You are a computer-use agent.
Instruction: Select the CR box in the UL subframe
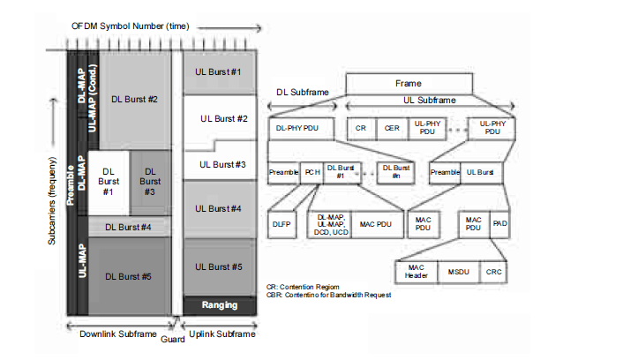[361, 128]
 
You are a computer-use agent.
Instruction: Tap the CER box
[392, 128]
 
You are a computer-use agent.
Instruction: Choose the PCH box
[312, 173]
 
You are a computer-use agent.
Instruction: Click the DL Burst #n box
[394, 173]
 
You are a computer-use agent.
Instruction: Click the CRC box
[495, 272]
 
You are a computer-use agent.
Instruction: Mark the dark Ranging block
[220, 305]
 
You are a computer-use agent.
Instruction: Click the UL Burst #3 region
[221, 164]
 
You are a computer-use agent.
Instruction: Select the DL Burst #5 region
[129, 276]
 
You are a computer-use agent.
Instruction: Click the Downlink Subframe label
[117, 334]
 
